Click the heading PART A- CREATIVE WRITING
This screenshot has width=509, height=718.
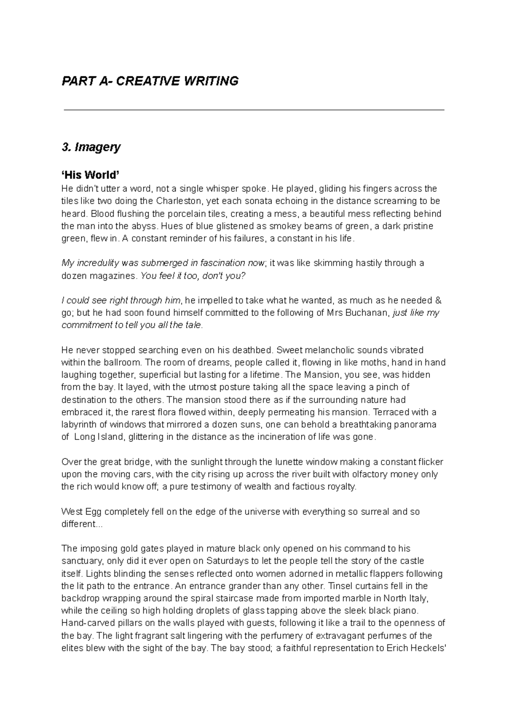pos(150,81)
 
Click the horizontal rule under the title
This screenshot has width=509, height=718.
pos(254,110)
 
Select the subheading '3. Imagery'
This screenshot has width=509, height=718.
pos(91,147)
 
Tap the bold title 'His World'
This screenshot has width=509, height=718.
pos(91,175)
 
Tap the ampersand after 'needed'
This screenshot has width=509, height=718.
pos(439,301)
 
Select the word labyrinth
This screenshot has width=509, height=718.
pos(80,425)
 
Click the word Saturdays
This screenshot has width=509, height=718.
pos(228,562)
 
